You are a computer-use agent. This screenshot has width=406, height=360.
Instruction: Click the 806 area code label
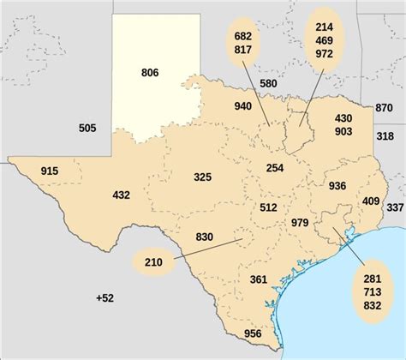click(x=151, y=74)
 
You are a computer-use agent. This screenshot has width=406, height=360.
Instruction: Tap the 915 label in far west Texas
click(x=50, y=172)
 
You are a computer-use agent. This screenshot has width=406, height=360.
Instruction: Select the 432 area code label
click(x=121, y=195)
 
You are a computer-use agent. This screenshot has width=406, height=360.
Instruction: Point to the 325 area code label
click(x=202, y=177)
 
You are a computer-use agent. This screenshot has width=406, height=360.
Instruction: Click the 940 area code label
click(x=242, y=106)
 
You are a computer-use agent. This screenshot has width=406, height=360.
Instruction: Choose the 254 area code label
click(x=275, y=168)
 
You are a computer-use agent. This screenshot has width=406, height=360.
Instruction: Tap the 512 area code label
click(x=268, y=207)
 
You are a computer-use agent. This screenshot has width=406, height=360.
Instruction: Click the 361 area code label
click(x=259, y=279)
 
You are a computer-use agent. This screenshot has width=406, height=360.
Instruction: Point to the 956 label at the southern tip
click(x=253, y=333)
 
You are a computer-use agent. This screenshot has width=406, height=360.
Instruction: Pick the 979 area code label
click(x=300, y=223)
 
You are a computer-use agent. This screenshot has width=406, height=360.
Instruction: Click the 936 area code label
click(x=337, y=185)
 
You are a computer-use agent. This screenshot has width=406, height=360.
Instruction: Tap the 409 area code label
click(x=371, y=201)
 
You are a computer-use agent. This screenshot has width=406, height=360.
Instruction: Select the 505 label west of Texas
click(x=87, y=129)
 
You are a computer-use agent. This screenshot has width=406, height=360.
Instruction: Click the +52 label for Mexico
click(x=104, y=297)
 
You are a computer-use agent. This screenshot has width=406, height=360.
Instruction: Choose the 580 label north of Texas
click(x=268, y=83)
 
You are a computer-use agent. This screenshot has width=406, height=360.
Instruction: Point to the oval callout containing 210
click(x=154, y=261)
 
